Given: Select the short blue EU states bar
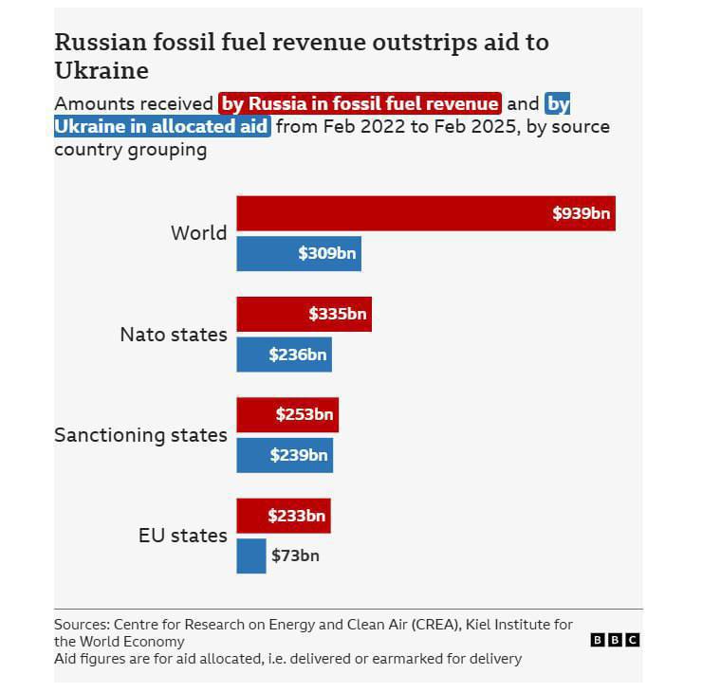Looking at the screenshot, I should pos(251,555).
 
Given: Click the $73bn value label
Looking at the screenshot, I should pos(295,555).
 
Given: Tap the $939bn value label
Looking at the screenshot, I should pos(581,213).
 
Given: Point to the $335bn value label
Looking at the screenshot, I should pos(337,314).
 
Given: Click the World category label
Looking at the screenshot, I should pos(198,233).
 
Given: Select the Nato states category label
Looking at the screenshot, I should pos(174,335).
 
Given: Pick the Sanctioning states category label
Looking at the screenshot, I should pos(140,435).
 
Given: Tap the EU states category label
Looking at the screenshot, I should pos(183,536).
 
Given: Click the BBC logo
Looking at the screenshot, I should pos(615,641).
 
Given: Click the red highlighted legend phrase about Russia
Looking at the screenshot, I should pos(360,103).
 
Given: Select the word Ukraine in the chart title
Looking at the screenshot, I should pos(102,71).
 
